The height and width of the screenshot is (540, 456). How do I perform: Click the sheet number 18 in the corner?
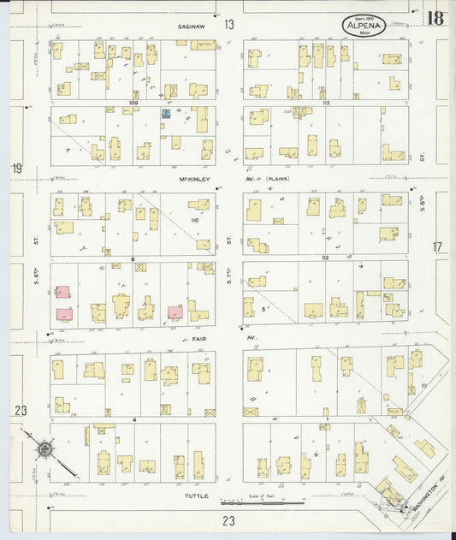click(435, 17)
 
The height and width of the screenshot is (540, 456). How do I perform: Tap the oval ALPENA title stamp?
click(364, 26)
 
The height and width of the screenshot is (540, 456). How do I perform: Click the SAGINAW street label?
click(191, 27)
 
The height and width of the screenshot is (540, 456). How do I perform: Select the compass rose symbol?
click(43, 448)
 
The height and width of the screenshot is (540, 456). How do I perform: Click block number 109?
click(133, 102)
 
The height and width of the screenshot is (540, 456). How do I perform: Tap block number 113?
click(327, 102)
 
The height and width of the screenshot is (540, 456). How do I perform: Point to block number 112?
click(325, 258)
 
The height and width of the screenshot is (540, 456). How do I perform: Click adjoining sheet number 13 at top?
click(229, 25)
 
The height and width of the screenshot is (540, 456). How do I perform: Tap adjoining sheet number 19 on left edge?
click(16, 169)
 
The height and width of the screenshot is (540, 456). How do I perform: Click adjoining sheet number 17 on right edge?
click(437, 246)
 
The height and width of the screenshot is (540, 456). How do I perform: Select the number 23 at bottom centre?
click(228, 519)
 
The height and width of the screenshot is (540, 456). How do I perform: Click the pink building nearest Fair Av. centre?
click(175, 312)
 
